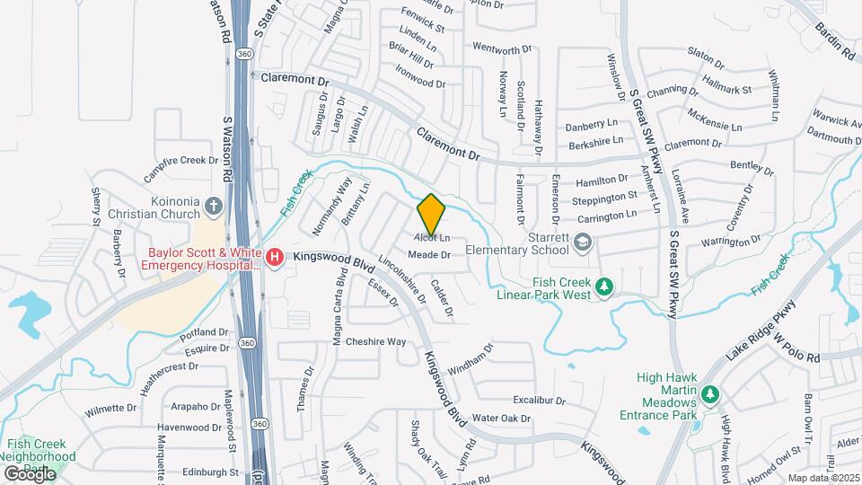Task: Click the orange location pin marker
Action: coord(432,214)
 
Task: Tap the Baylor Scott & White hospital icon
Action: coord(276,258)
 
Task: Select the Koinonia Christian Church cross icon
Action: coord(213,205)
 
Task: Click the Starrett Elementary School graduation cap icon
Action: coord(583,242)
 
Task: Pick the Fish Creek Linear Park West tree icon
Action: coord(605,287)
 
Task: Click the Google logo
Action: coord(30,473)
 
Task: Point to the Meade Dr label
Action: coord(427,255)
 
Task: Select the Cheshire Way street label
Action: coord(376,341)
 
